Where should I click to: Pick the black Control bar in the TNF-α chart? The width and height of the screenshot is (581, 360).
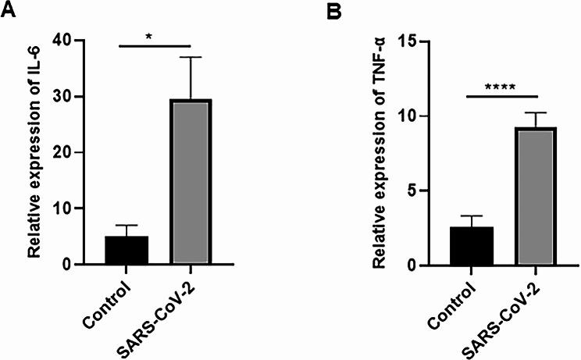tap(471, 246)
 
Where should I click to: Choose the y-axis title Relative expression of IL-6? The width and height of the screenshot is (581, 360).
tap(35, 152)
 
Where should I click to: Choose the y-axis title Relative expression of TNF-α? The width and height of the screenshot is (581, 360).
tap(381, 152)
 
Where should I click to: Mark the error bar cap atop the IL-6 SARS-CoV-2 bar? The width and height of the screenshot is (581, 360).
tap(191, 57)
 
